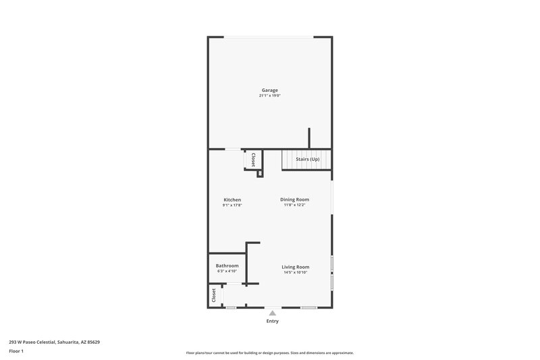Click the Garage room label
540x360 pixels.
coord(269,90)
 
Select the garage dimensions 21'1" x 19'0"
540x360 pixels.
coord(269,96)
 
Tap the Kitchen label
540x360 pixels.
coord(232,199)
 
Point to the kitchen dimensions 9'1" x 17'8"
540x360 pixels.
coord(232,205)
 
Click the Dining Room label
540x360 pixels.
coord(295,199)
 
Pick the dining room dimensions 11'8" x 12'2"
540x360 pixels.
coord(295,205)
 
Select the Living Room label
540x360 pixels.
coord(295,267)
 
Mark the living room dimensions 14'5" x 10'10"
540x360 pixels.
coord(295,273)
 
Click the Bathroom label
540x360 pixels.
coord(227,265)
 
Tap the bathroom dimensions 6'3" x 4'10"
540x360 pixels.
coord(227,272)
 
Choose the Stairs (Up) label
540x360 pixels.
coord(307,159)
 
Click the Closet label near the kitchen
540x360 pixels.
coord(253,159)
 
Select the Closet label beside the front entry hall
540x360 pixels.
coord(214,295)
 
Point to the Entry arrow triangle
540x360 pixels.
coord(272,313)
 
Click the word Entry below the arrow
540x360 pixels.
coord(272,322)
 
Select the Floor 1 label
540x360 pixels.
coord(16,351)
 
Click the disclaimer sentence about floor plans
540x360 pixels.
coord(269,353)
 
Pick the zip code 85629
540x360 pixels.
coord(94,342)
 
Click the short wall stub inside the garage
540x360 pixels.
coord(309,137)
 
